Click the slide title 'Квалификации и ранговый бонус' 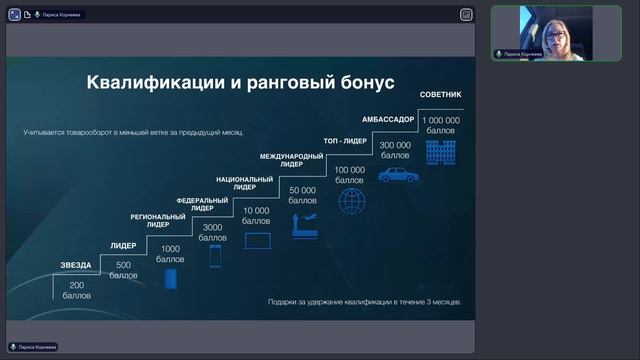click(240, 81)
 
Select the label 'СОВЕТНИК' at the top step click(440, 95)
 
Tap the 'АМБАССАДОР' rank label click(388, 119)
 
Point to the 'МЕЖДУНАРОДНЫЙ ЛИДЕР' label click(291, 162)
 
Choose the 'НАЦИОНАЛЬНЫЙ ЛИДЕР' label click(237, 184)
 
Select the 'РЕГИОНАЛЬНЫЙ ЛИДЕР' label click(158, 221)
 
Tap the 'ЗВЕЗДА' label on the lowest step click(76, 265)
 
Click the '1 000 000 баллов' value click(440, 125)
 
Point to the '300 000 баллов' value click(395, 151)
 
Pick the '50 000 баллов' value click(302, 195)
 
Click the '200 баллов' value click(76, 290)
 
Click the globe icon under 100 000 click(351, 201)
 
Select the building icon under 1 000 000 click(440, 152)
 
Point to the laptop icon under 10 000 click(258, 241)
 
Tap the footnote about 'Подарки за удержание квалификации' click(365, 301)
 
